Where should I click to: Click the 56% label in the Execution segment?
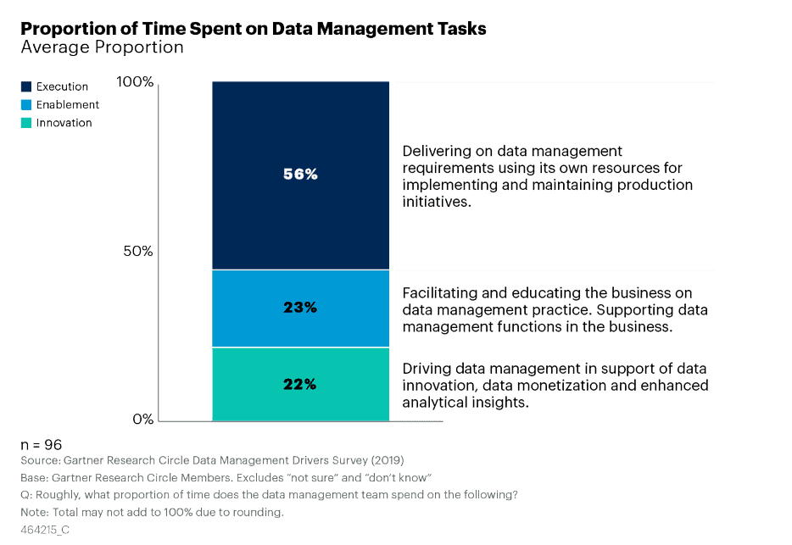[x=300, y=175]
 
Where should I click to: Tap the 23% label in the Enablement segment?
[x=300, y=308]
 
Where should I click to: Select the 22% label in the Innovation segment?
[x=300, y=384]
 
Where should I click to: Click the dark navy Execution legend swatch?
[x=26, y=86]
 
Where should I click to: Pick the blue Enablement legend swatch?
[x=26, y=104]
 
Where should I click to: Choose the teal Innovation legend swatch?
[x=26, y=123]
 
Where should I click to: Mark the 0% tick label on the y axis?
[x=142, y=419]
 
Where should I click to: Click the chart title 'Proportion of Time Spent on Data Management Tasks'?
[x=253, y=28]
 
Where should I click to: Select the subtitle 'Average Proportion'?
[x=102, y=47]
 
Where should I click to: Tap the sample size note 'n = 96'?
[x=42, y=445]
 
